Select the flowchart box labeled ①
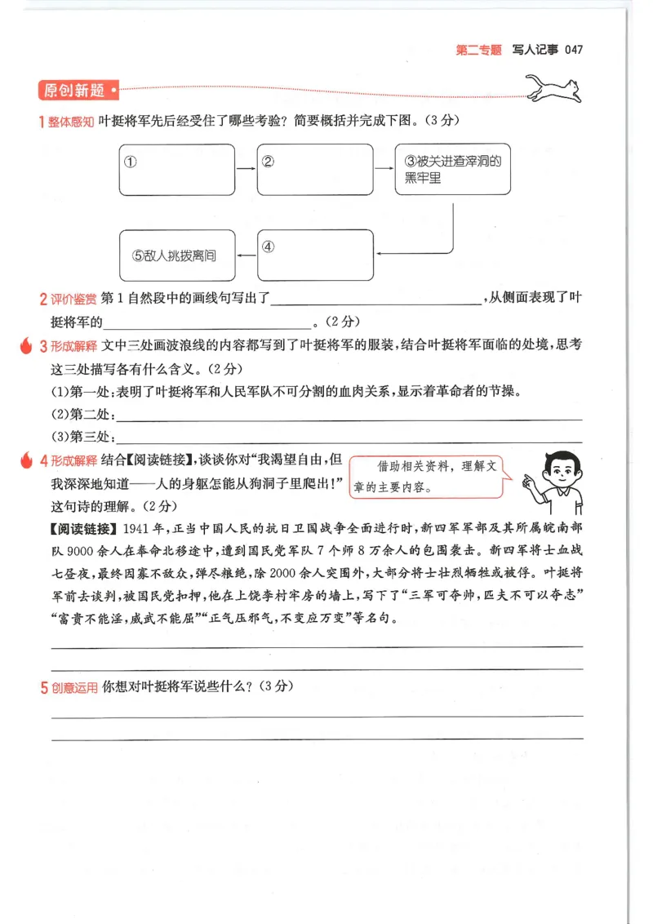tap(176, 169)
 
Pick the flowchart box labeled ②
tap(314, 169)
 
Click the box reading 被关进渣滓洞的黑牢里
tap(452, 169)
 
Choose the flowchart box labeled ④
tap(314, 255)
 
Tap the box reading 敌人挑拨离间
tap(176, 255)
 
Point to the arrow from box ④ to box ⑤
tap(246, 255)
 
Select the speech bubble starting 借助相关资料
tap(426, 478)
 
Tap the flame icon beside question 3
tap(25, 345)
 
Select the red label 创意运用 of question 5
tap(73, 687)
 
